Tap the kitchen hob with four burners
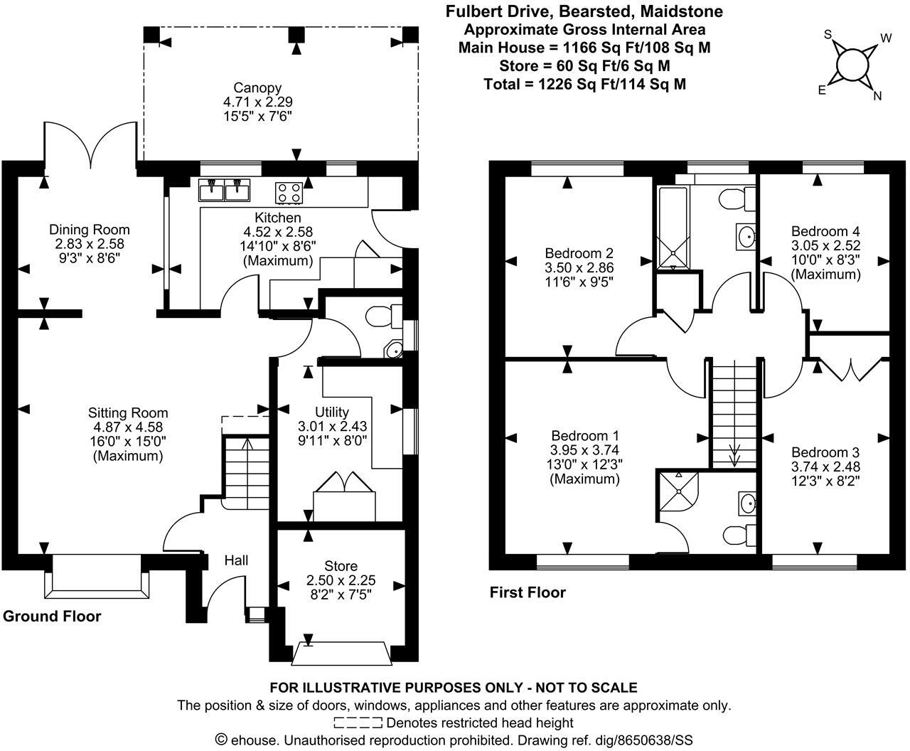(288, 192)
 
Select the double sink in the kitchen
(224, 191)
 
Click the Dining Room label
(90, 229)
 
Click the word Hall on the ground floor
(237, 560)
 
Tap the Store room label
(341, 566)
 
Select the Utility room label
(332, 412)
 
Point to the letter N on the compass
(877, 96)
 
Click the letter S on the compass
(828, 34)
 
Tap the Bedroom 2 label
(579, 253)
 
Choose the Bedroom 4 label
(825, 231)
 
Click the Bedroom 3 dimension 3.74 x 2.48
(825, 467)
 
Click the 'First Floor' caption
(528, 592)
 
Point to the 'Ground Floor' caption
(52, 616)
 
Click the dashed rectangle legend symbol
(358, 723)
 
